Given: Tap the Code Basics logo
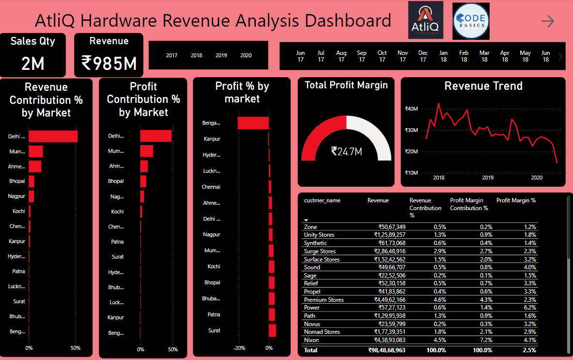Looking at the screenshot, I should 471,21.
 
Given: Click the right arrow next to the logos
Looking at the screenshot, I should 547,21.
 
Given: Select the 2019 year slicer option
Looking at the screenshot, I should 221,55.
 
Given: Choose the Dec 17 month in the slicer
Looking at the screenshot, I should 423,56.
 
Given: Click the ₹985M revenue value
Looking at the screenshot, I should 109,63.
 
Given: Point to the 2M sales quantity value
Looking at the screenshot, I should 33,63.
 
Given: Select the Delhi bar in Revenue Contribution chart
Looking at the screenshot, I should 53,136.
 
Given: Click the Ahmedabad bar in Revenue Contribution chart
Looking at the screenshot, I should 35,166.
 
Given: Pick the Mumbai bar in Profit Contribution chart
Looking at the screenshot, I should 146,151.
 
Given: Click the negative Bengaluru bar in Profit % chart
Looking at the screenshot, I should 253,123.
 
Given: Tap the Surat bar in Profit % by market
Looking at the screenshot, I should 272,330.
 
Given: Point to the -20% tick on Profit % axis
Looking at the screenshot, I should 239,348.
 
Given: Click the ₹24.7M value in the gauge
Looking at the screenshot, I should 346,151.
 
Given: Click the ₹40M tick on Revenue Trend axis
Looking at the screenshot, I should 411,109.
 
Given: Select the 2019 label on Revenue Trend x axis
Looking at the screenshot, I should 488,178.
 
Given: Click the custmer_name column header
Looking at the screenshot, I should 322,200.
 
